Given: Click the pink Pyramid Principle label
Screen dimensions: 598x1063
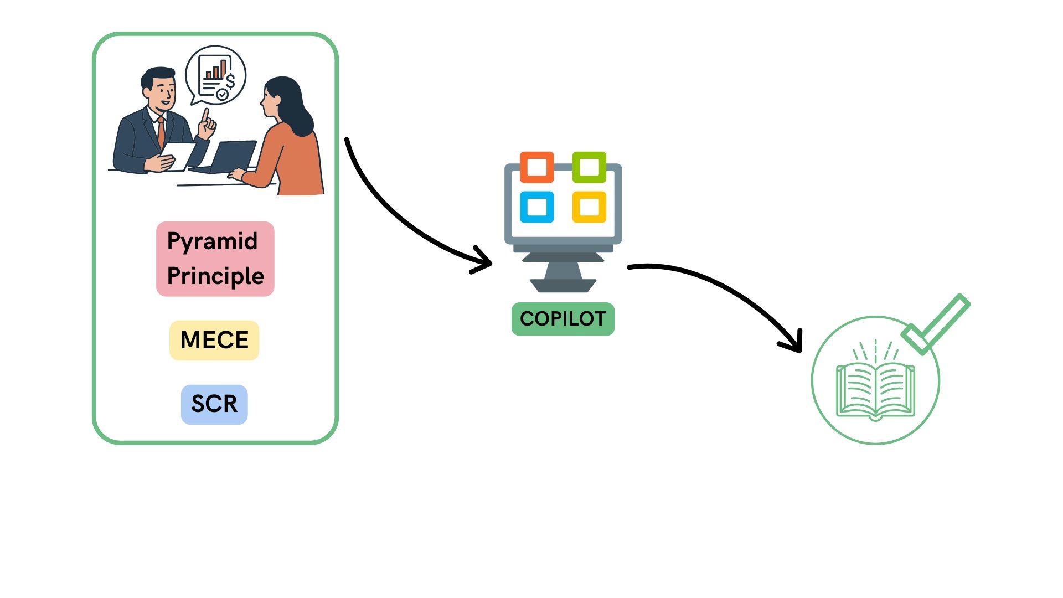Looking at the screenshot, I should [215, 259].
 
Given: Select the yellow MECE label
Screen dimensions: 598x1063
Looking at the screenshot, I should [214, 340].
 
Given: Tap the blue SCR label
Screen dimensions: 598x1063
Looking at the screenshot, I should [214, 404].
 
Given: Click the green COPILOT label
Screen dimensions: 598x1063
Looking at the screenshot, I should [563, 319].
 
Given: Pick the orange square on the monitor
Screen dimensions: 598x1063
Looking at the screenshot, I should [536, 167].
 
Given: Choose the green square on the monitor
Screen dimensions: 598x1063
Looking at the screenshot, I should [589, 167].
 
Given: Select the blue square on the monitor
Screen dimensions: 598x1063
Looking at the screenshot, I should [536, 207].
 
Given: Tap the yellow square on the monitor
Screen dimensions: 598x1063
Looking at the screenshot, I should [589, 207].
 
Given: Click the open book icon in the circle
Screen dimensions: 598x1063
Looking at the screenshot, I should [875, 390].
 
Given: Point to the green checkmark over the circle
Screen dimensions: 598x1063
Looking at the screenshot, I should [936, 324].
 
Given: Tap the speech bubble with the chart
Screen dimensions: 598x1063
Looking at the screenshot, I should [216, 75].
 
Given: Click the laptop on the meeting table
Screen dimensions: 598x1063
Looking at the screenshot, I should [233, 156].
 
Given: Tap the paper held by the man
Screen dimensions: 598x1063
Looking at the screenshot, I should [177, 155].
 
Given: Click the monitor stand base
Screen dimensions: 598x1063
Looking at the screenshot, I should [563, 286].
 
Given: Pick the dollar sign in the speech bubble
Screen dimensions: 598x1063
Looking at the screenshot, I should [230, 81].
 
